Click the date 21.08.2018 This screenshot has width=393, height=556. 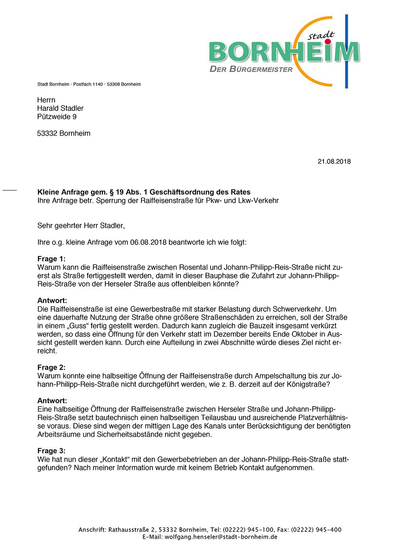pos(334,162)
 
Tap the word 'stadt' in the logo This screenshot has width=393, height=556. pos(321,36)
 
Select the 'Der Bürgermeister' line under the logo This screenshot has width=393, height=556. pos(251,70)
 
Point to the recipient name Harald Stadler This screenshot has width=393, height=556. pos(60,108)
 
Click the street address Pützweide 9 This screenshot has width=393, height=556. pos(57,117)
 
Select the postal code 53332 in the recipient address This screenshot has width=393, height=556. pos(47,133)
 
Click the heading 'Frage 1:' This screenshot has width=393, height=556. pos(51,259)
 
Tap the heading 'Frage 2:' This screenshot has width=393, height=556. pos(51,367)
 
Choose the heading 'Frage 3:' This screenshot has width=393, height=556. pos(51,451)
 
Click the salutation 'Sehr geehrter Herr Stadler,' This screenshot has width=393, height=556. pos(81,226)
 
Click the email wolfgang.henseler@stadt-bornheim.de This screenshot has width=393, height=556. pos(221,537)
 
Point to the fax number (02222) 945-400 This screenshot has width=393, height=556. pos(316,530)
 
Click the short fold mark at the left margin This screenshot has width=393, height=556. pos(10,190)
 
